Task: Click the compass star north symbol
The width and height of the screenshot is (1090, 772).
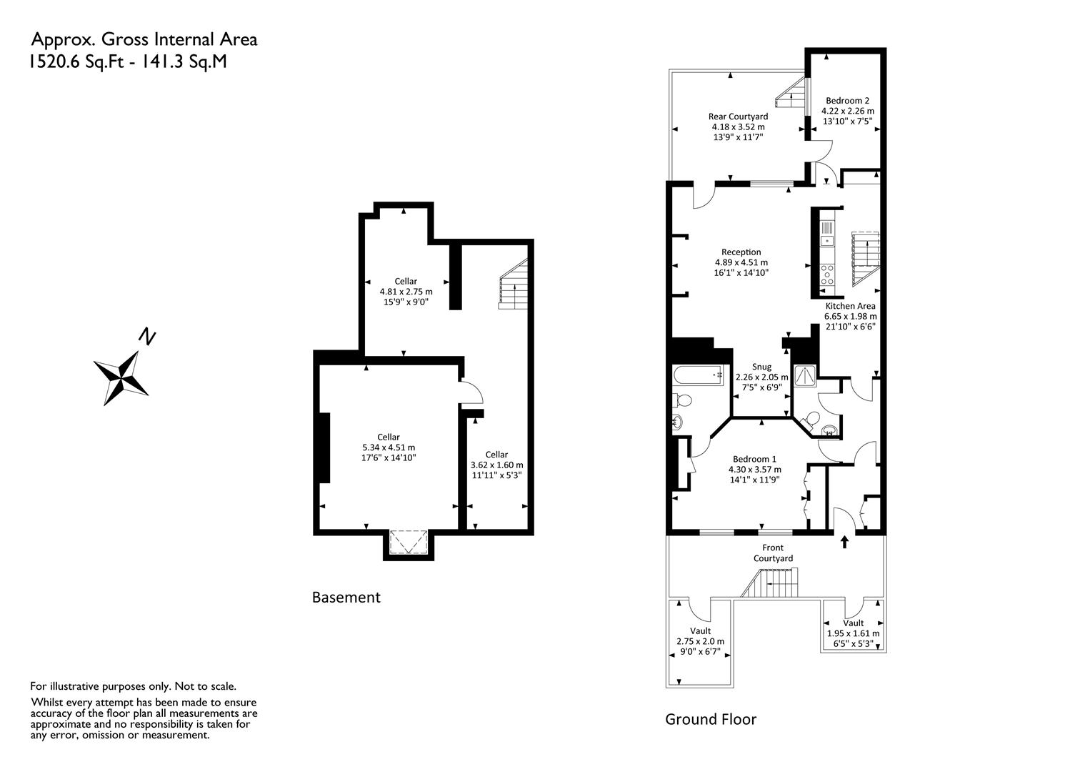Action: (x=121, y=378)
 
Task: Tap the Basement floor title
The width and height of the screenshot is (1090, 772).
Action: (x=346, y=598)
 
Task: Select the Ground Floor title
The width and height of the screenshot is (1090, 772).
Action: (x=711, y=719)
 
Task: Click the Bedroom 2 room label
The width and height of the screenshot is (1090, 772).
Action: (x=847, y=101)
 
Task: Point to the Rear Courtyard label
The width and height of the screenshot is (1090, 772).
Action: (x=738, y=117)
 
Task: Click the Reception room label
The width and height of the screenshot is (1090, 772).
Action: (x=741, y=252)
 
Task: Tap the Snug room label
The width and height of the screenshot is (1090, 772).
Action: (x=761, y=367)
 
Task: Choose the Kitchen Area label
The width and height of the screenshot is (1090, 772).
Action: (x=850, y=306)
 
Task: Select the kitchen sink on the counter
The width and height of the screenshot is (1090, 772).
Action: (x=826, y=234)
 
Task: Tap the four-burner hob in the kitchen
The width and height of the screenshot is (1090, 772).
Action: (x=826, y=274)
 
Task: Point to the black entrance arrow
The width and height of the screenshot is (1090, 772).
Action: (x=844, y=542)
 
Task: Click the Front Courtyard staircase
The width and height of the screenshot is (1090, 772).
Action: (x=770, y=583)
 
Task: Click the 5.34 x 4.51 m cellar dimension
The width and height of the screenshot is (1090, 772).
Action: (x=389, y=447)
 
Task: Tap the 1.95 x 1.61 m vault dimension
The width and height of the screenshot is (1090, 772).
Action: (x=853, y=633)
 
